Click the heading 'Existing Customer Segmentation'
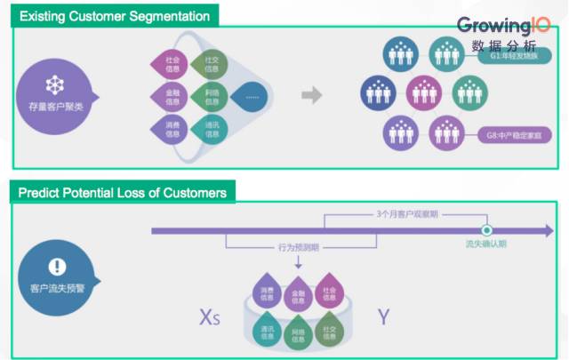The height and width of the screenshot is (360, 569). pyautogui.click(x=115, y=16)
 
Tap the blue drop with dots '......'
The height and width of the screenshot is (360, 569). pyautogui.click(x=252, y=95)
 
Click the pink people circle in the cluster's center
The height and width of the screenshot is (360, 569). pyautogui.click(x=422, y=92)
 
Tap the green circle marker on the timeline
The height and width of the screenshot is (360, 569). pyautogui.click(x=486, y=231)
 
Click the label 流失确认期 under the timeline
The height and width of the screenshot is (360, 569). pyautogui.click(x=485, y=244)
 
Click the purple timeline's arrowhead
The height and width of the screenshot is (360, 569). pyautogui.click(x=546, y=231)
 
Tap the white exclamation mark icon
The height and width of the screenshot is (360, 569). pyautogui.click(x=57, y=265)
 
